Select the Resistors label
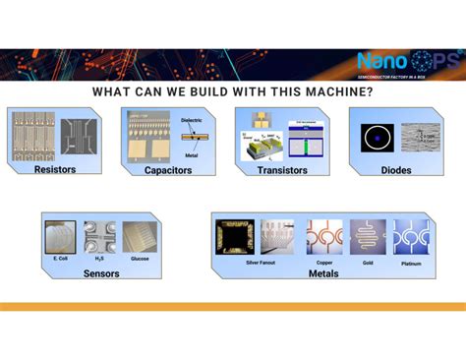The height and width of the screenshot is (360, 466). click(x=54, y=169)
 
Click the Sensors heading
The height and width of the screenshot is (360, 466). click(x=101, y=273)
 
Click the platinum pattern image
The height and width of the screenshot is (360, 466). click(x=411, y=237)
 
